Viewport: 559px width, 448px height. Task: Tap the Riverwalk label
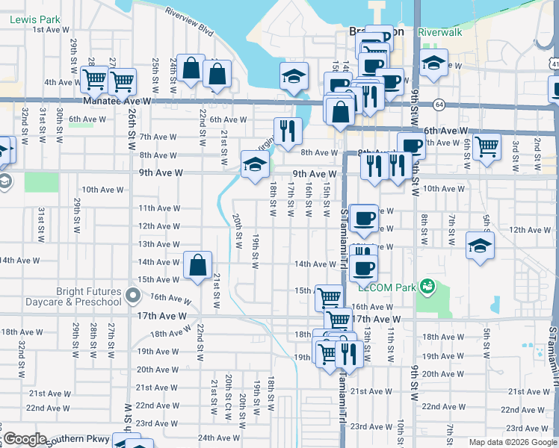[440, 33]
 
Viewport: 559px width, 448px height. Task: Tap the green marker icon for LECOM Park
[427, 286]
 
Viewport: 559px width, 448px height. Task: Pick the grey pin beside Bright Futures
[133, 296]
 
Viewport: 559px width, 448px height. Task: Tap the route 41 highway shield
[554, 65]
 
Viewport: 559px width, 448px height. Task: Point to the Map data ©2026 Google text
[513, 442]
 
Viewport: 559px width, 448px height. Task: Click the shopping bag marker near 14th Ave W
[197, 265]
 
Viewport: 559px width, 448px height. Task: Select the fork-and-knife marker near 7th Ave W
[288, 131]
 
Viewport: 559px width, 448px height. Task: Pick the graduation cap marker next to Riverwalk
[433, 64]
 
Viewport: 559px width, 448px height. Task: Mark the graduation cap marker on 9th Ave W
[255, 165]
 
